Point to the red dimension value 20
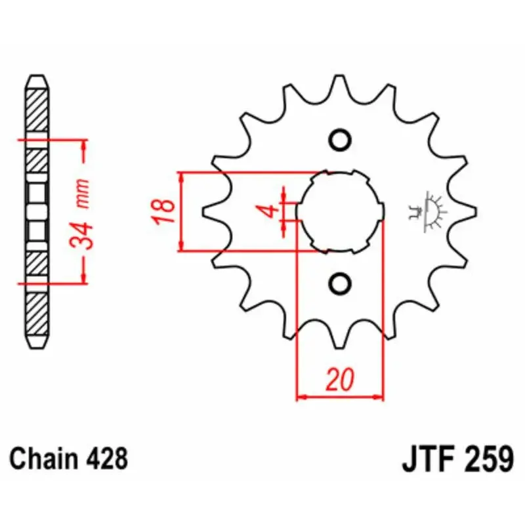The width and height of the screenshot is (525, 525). coord(340,380)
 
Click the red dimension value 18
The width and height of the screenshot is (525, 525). coord(163,211)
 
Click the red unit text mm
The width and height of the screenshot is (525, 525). coord(83,193)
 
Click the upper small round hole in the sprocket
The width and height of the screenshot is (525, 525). coord(340,139)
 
